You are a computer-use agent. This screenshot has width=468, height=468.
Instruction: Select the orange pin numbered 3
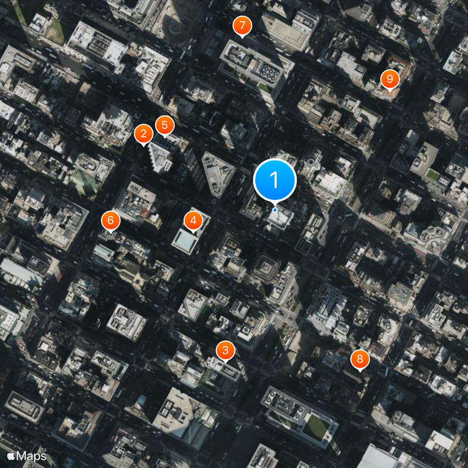tap(225, 350)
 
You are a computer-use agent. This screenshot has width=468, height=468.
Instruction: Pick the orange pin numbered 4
tap(193, 221)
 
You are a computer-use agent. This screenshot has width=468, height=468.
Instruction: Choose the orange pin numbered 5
tap(165, 125)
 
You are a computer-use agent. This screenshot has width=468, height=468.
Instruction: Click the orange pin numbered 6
tap(111, 221)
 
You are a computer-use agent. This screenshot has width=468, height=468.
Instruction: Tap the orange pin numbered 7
tap(242, 26)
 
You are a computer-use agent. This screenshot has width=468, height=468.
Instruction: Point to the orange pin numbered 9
tap(390, 79)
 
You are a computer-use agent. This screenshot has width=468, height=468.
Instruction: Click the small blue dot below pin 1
tap(275, 209)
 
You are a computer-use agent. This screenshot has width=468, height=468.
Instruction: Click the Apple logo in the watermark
tap(11, 455)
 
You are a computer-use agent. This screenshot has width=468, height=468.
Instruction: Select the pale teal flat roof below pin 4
tap(185, 241)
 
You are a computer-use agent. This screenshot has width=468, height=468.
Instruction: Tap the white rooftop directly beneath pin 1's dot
tap(280, 219)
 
